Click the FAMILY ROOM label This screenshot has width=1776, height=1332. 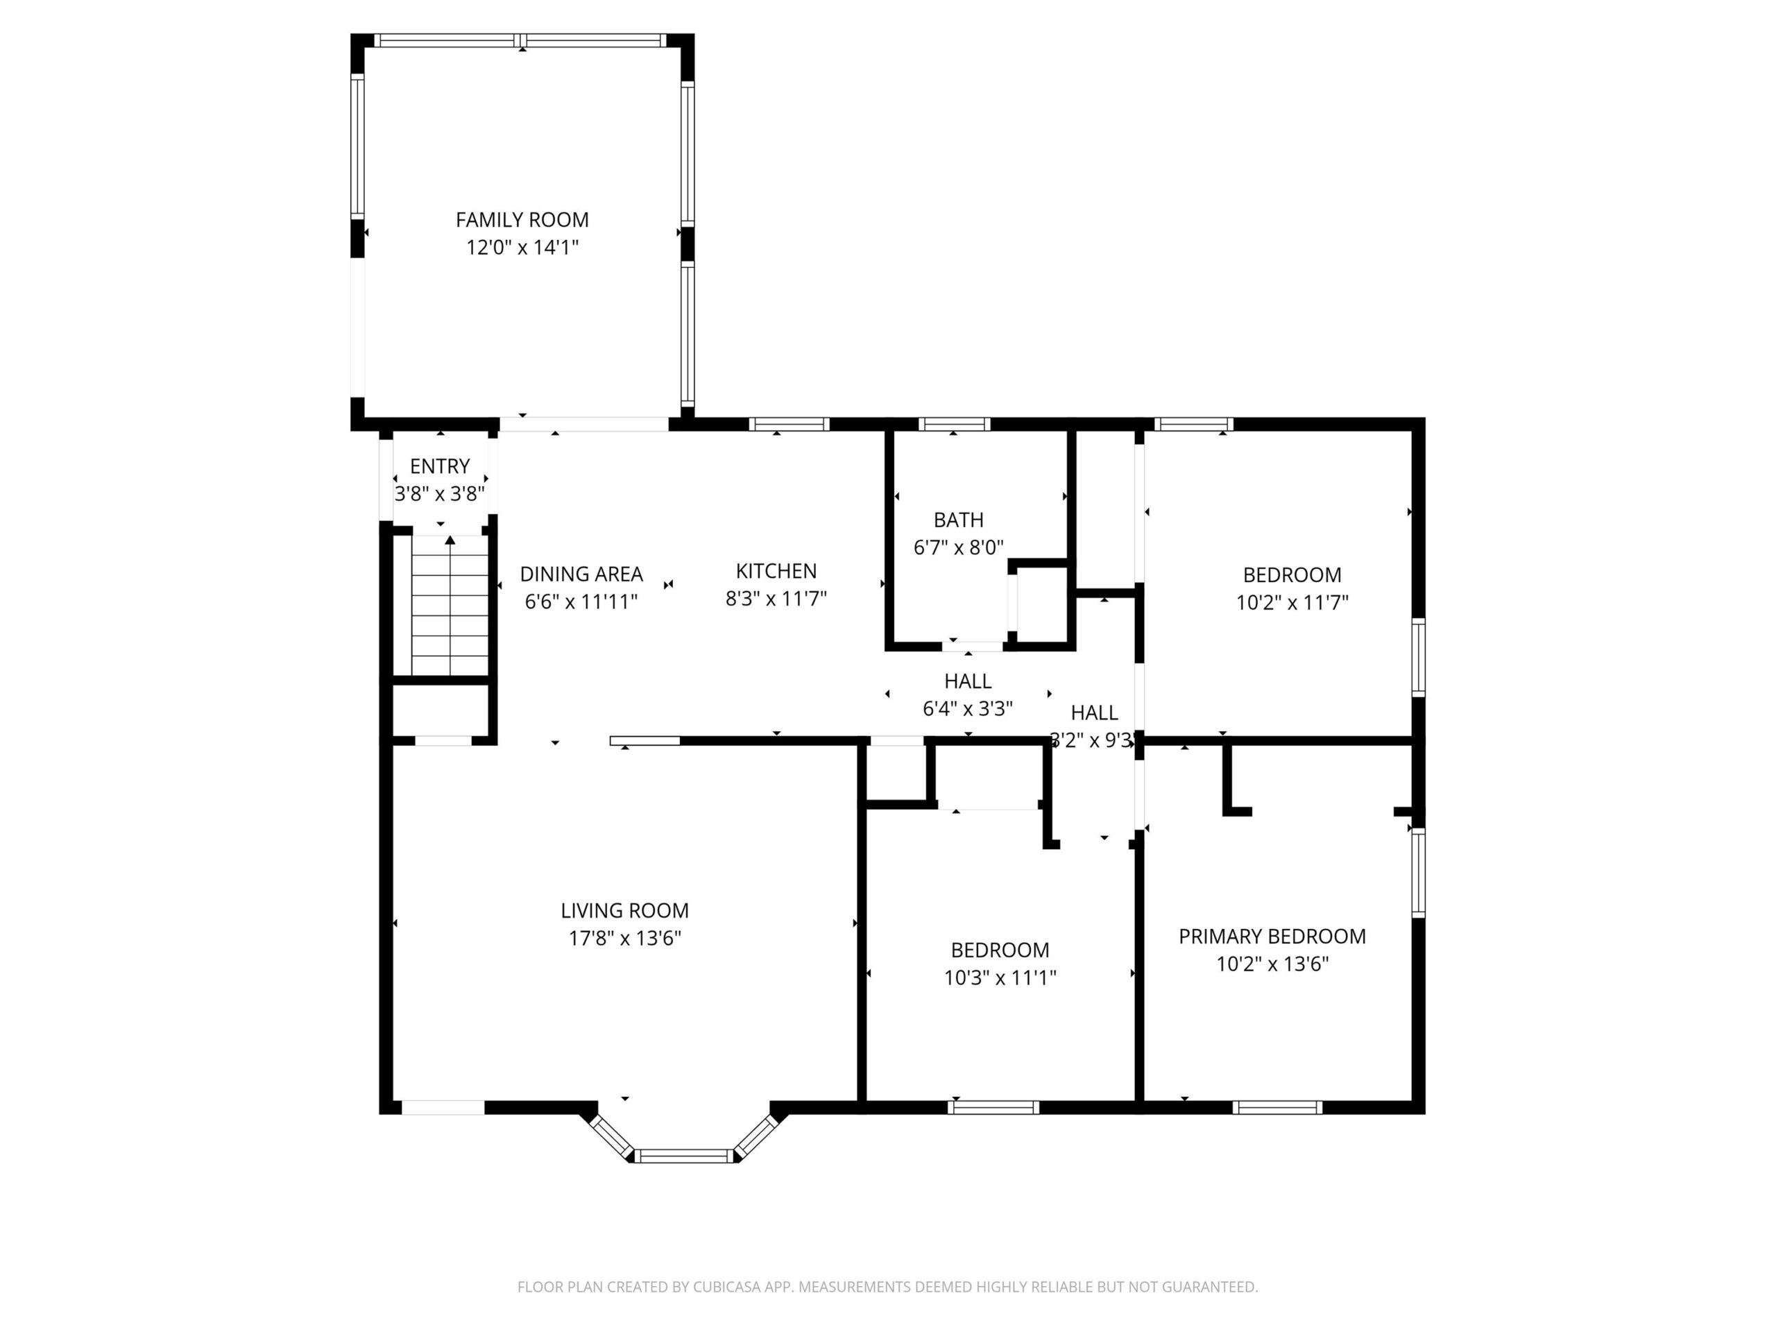(522, 219)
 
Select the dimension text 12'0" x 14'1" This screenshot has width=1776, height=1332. (522, 247)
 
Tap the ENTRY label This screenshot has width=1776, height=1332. (440, 466)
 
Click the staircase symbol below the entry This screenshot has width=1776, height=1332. (450, 606)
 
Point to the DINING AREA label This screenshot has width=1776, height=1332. (581, 574)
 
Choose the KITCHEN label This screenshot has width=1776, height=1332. (776, 571)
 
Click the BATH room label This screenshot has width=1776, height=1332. (959, 520)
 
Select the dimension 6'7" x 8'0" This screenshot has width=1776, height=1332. (959, 547)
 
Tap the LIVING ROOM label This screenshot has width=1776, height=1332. (624, 910)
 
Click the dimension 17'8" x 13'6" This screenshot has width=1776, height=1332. (624, 938)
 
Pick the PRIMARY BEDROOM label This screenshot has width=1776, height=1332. (1272, 936)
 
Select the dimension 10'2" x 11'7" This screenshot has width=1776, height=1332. (1292, 602)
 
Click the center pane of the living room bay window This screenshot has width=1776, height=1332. (684, 1156)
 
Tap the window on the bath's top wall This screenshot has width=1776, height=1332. (954, 424)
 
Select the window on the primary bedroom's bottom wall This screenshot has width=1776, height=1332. (1277, 1107)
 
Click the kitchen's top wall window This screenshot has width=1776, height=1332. (789, 424)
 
